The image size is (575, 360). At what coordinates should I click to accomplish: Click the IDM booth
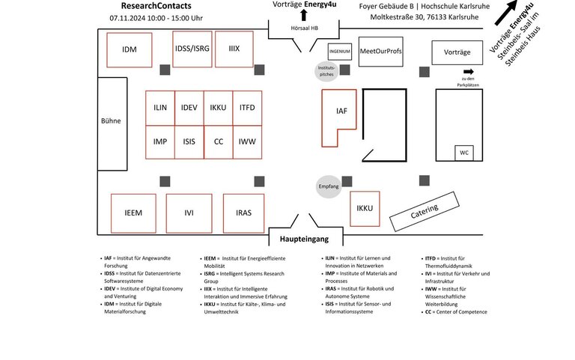pyautogui.click(x=129, y=50)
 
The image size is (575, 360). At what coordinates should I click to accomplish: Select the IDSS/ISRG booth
pyautogui.click(x=192, y=49)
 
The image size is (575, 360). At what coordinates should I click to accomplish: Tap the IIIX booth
pyautogui.click(x=234, y=49)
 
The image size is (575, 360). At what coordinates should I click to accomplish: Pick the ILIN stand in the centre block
pyautogui.click(x=160, y=108)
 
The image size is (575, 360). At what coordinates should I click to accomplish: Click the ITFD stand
pyautogui.click(x=247, y=108)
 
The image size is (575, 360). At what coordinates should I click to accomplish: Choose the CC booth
pyautogui.click(x=218, y=142)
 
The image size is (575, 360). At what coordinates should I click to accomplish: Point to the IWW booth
pyautogui.click(x=247, y=142)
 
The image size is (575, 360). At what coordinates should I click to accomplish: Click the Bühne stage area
pyautogui.click(x=112, y=124)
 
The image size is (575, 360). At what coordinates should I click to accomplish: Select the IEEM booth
pyautogui.click(x=133, y=213)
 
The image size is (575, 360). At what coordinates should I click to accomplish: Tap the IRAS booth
pyautogui.click(x=243, y=213)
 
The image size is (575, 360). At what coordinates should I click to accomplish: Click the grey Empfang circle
pyautogui.click(x=329, y=186)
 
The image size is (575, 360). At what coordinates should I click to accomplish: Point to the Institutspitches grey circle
pyautogui.click(x=326, y=71)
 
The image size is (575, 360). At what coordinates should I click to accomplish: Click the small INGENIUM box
pyautogui.click(x=340, y=52)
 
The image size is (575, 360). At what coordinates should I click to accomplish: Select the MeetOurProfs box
pyautogui.click(x=380, y=52)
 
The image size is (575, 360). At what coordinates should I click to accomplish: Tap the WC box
pyautogui.click(x=464, y=153)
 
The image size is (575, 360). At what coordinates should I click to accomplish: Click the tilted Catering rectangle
pyautogui.click(x=425, y=212)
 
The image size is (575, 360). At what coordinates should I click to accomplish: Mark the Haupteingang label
pyautogui.click(x=305, y=239)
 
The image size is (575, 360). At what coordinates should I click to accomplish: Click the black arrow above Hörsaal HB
pyautogui.click(x=304, y=15)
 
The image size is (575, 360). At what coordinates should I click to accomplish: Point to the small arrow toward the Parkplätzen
pyautogui.click(x=469, y=72)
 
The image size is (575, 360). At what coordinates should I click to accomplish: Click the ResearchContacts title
pyautogui.click(x=156, y=6)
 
